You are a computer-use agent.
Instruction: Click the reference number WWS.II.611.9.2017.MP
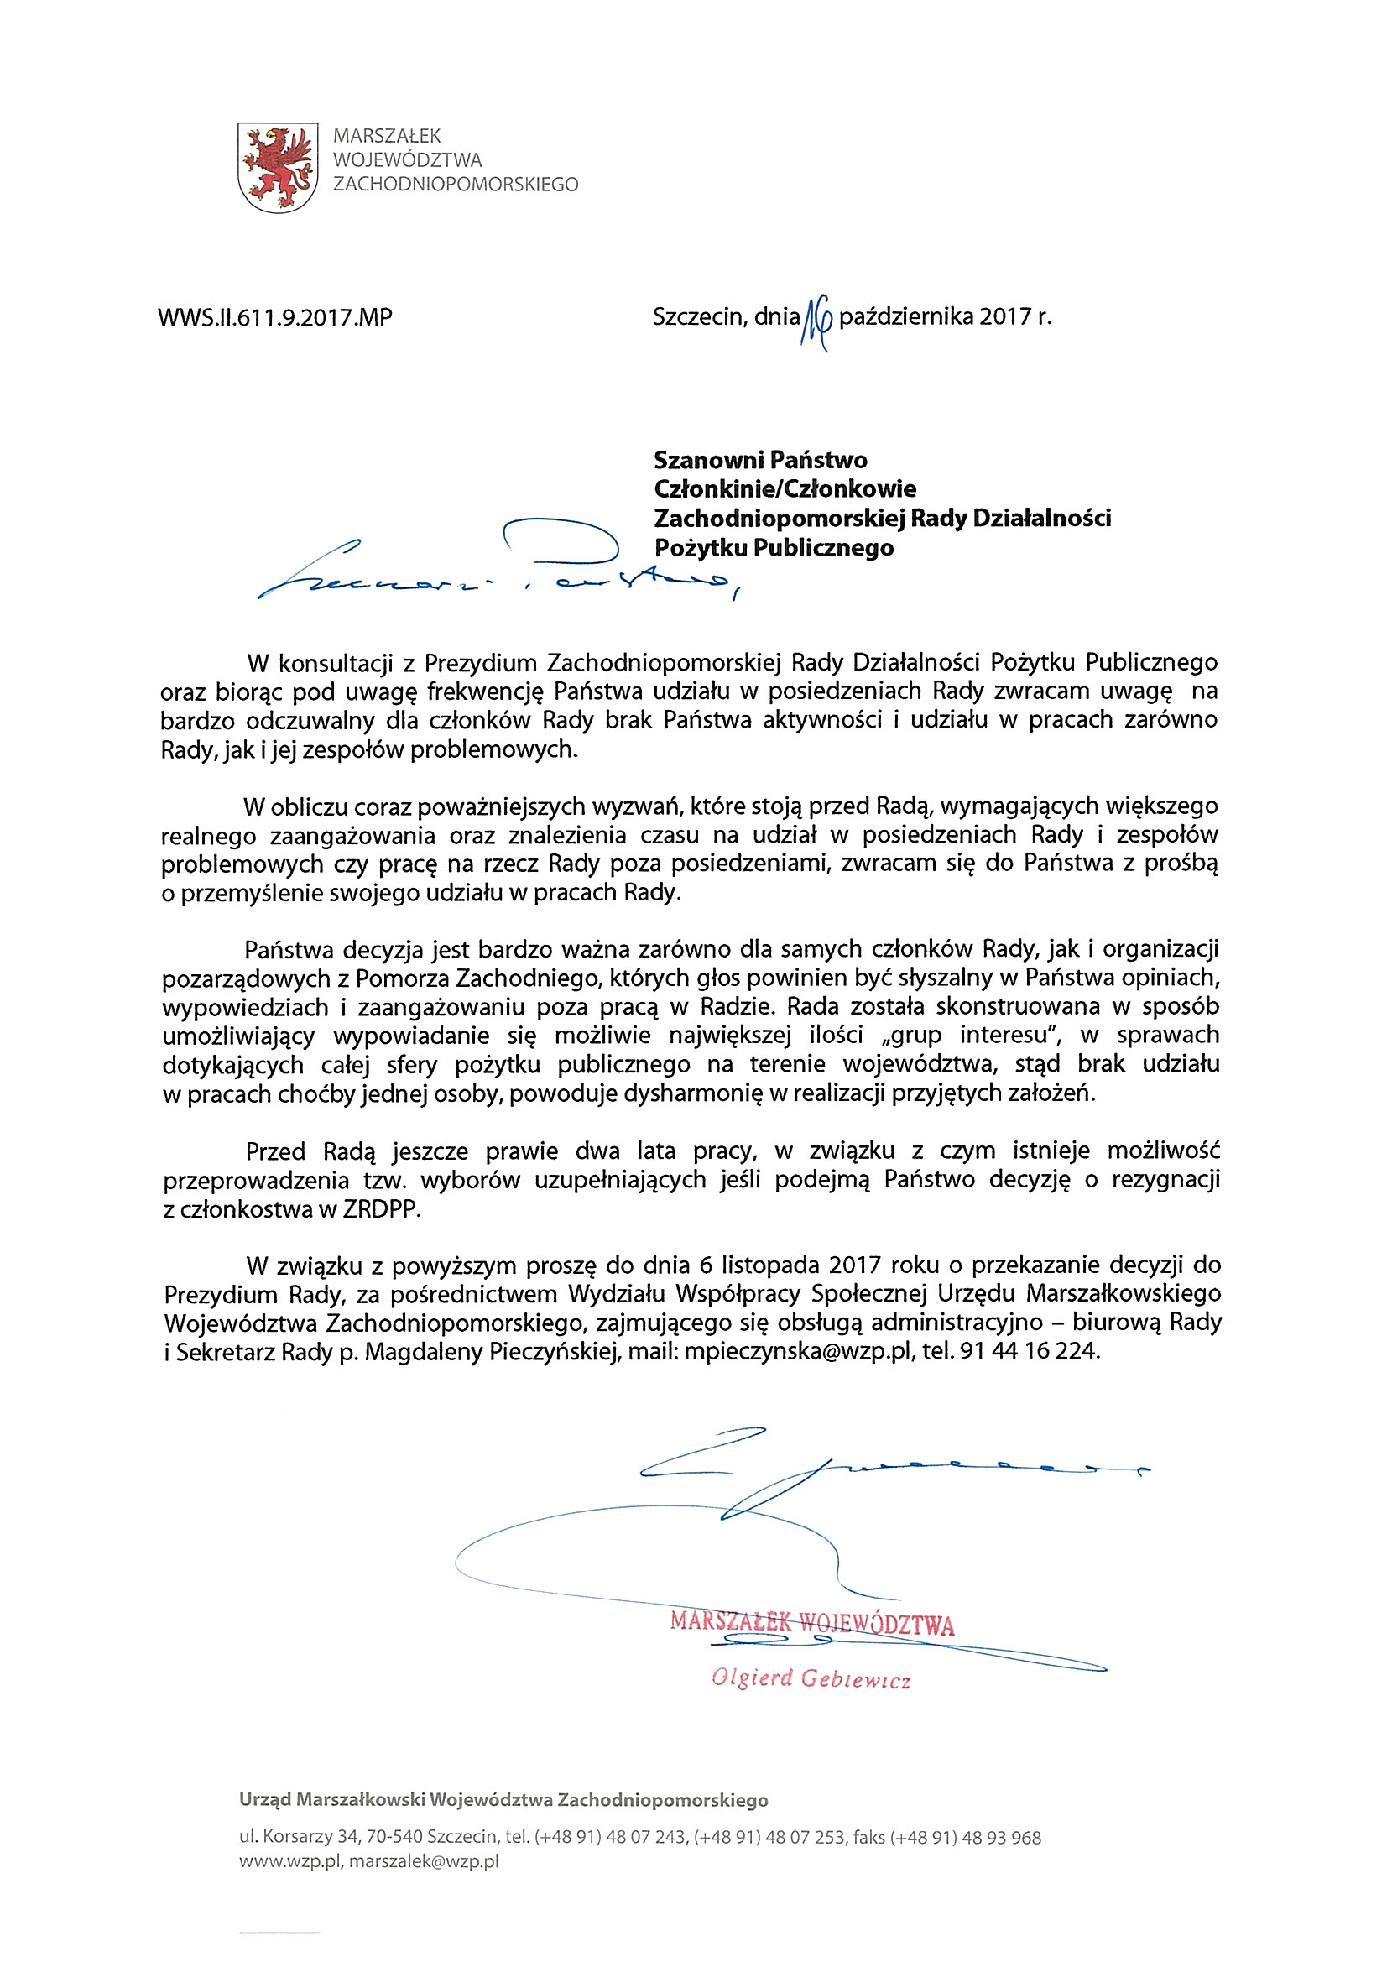pos(275,318)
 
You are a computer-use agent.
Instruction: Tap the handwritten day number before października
pos(816,323)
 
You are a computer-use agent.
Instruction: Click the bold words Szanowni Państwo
pos(759,460)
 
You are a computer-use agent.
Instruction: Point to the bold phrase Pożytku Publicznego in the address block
pos(774,548)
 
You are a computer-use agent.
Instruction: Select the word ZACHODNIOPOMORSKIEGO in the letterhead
pos(456,185)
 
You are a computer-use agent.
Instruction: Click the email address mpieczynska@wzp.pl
pos(799,1352)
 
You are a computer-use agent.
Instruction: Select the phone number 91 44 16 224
pos(1028,1352)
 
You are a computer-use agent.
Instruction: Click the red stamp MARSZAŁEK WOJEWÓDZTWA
pos(812,1623)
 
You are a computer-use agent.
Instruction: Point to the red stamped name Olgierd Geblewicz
pos(811,1679)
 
